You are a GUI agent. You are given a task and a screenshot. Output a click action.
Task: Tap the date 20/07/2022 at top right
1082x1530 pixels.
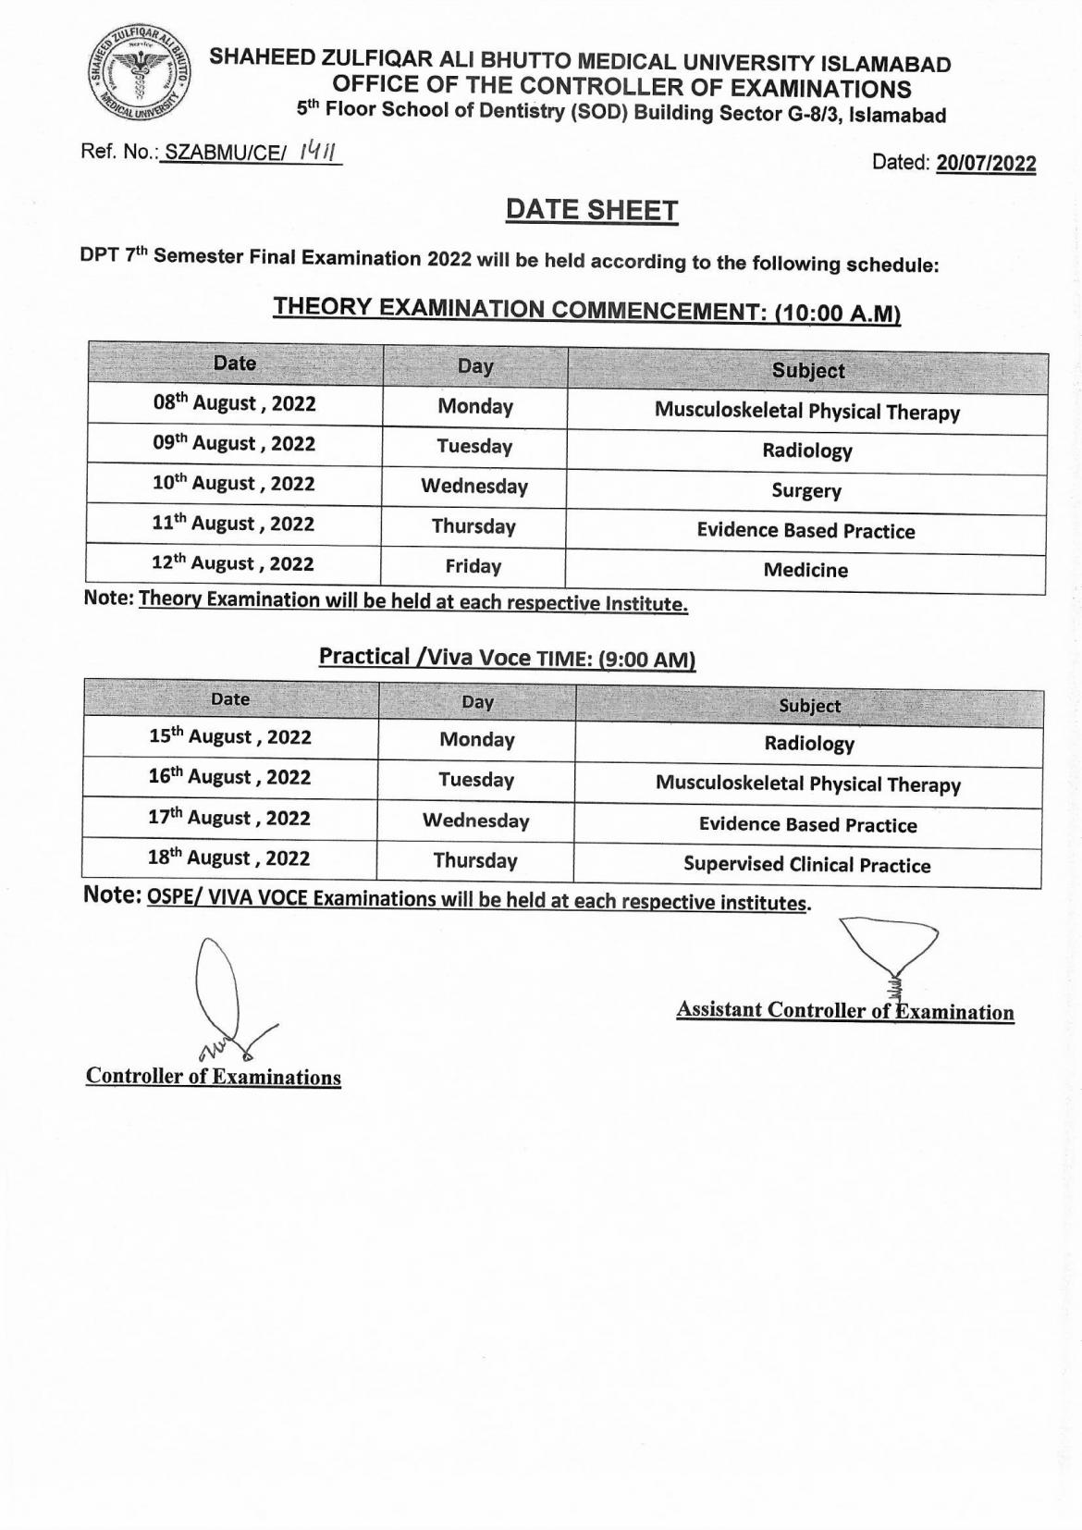986,164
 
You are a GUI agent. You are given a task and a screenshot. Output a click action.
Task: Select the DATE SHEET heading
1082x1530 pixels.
591,211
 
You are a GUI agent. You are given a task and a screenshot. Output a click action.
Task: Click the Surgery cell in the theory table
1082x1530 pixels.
806,490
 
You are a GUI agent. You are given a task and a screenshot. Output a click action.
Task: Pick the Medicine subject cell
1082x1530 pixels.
805,570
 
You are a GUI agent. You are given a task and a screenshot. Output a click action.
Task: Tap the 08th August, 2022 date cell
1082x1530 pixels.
235,403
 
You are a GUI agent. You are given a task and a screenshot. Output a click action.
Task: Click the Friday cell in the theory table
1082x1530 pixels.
473,566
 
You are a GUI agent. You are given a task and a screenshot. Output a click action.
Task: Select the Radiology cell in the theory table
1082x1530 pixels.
807,450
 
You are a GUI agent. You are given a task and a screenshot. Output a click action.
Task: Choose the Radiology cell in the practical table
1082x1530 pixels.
809,744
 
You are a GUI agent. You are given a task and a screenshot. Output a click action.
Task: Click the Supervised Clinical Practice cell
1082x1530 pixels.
807,865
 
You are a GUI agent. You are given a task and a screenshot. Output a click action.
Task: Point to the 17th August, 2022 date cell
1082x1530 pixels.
229,818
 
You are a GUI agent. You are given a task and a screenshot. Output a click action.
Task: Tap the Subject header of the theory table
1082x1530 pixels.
808,371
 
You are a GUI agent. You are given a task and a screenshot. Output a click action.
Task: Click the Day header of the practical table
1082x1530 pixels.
477,702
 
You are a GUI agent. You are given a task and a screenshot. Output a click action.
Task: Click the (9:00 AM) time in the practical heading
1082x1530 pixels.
646,660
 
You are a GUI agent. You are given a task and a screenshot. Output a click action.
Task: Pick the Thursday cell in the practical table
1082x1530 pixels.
475,860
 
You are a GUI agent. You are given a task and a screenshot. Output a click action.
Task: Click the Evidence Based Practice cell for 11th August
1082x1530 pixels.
806,531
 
